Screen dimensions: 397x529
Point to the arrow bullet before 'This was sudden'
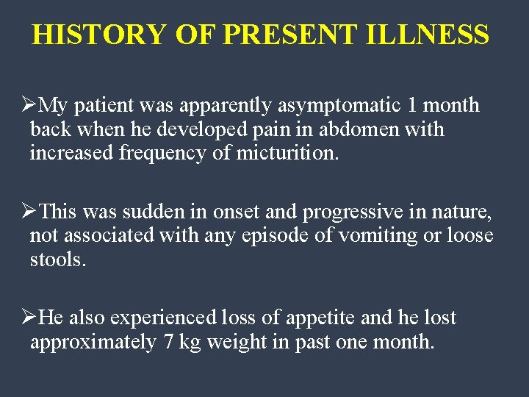[x=29, y=212]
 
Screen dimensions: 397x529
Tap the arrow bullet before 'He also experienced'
[x=29, y=318]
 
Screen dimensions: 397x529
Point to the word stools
[x=58, y=260]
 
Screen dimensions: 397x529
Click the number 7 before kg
[x=168, y=342]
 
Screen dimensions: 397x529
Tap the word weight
[x=234, y=342]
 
